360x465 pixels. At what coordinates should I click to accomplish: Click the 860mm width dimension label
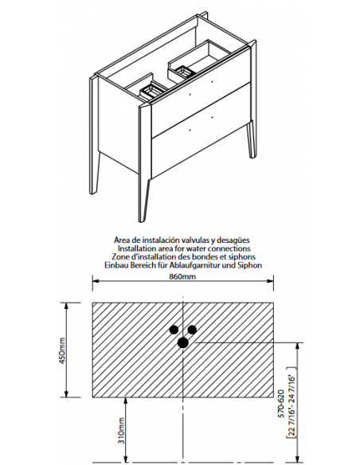(x=182, y=276)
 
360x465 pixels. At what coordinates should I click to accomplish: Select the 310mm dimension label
(x=122, y=430)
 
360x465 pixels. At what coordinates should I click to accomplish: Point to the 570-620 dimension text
(x=281, y=404)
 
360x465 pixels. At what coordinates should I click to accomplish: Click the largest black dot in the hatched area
(x=183, y=343)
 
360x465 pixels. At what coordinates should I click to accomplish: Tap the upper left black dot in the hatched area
(x=174, y=330)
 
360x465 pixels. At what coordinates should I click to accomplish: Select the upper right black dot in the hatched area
(x=192, y=330)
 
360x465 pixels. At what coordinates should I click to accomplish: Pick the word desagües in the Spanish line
(x=236, y=240)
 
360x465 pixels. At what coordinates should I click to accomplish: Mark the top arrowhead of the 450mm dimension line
(x=66, y=306)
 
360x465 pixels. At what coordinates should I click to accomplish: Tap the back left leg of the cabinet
(x=94, y=135)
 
